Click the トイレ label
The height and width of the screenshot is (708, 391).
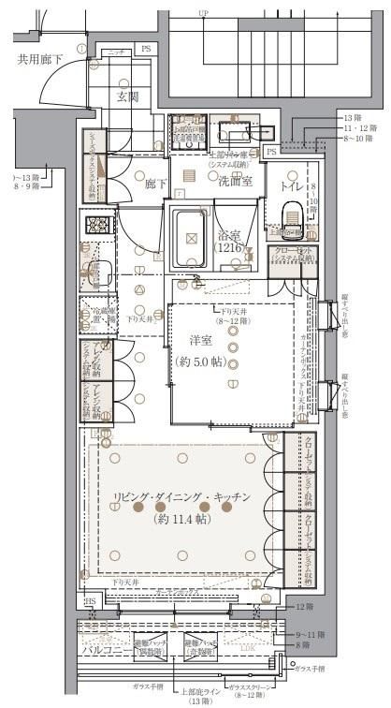[x=292, y=185]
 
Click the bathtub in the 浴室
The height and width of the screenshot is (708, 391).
[x=193, y=240]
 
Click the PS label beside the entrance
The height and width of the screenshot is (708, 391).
[x=145, y=48]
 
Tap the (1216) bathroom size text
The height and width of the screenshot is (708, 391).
[x=229, y=248]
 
